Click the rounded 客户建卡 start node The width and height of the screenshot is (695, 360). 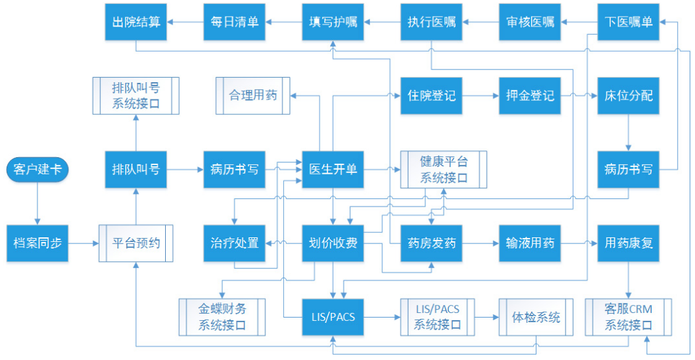[x=37, y=169]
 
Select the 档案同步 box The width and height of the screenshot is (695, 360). [x=37, y=243]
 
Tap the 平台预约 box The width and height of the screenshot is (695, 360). [x=136, y=243]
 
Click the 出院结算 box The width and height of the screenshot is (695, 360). [x=136, y=22]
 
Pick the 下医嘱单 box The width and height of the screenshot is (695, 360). [x=628, y=22]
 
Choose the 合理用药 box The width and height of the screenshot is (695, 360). [x=253, y=95]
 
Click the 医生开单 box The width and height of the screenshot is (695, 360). [x=333, y=169]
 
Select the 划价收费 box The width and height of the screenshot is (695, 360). [x=333, y=243]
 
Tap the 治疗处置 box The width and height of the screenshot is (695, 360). [x=235, y=243]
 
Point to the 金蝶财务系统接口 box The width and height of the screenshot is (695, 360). [x=222, y=317]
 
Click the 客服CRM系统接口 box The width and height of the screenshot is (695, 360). [x=628, y=317]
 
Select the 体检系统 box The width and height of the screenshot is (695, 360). [x=536, y=317]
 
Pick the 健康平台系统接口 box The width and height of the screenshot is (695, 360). [x=444, y=169]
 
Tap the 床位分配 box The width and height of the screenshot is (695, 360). [x=628, y=95]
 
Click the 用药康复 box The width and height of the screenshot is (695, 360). [x=628, y=243]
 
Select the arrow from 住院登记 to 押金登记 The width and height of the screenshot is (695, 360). [x=481, y=95]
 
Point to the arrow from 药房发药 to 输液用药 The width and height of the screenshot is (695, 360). [x=481, y=243]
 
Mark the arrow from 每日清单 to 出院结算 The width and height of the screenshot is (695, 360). [x=185, y=22]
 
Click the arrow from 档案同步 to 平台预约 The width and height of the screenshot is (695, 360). [x=84, y=243]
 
